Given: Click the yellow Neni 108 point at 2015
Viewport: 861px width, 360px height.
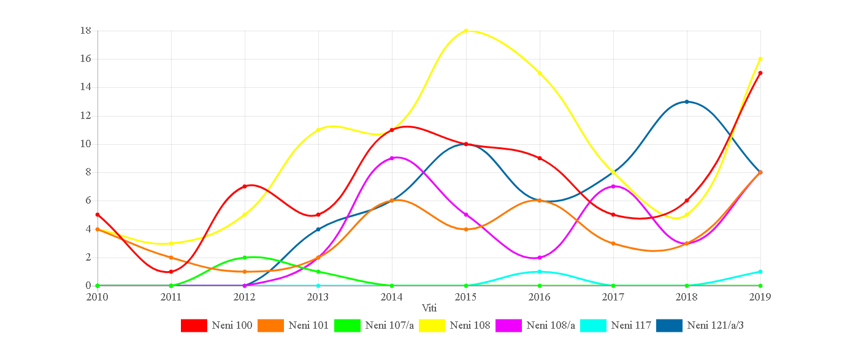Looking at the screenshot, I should [x=466, y=31].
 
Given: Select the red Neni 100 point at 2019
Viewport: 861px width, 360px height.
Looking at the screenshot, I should [x=760, y=73].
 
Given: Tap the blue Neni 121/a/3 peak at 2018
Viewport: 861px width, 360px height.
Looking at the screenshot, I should [x=687, y=101].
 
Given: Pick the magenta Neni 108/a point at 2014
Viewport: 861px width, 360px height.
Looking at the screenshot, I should [x=392, y=158].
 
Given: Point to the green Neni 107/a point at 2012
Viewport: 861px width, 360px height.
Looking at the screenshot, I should [x=245, y=258].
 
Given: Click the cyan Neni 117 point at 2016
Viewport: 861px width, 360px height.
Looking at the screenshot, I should [x=540, y=272].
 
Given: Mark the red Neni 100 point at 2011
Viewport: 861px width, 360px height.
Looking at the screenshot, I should [x=171, y=272].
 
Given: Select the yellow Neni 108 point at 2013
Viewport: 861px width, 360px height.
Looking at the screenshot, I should [x=318, y=130].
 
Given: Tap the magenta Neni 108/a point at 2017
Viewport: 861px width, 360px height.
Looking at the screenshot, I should [x=613, y=186].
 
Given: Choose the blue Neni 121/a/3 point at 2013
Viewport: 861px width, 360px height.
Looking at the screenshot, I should [x=318, y=229].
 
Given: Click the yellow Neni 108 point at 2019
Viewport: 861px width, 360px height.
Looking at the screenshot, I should [x=760, y=59].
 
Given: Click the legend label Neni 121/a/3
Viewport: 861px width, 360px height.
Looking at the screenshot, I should [x=715, y=326].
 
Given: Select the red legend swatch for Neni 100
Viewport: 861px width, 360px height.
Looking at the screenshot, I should [x=194, y=326].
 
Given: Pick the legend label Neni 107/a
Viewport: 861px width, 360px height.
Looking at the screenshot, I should [x=389, y=326].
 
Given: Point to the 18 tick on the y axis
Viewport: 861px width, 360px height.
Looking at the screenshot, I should [x=86, y=31].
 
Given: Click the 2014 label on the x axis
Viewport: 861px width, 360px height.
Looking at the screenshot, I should [x=392, y=297].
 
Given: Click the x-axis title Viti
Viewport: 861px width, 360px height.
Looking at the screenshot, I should [x=429, y=307].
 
